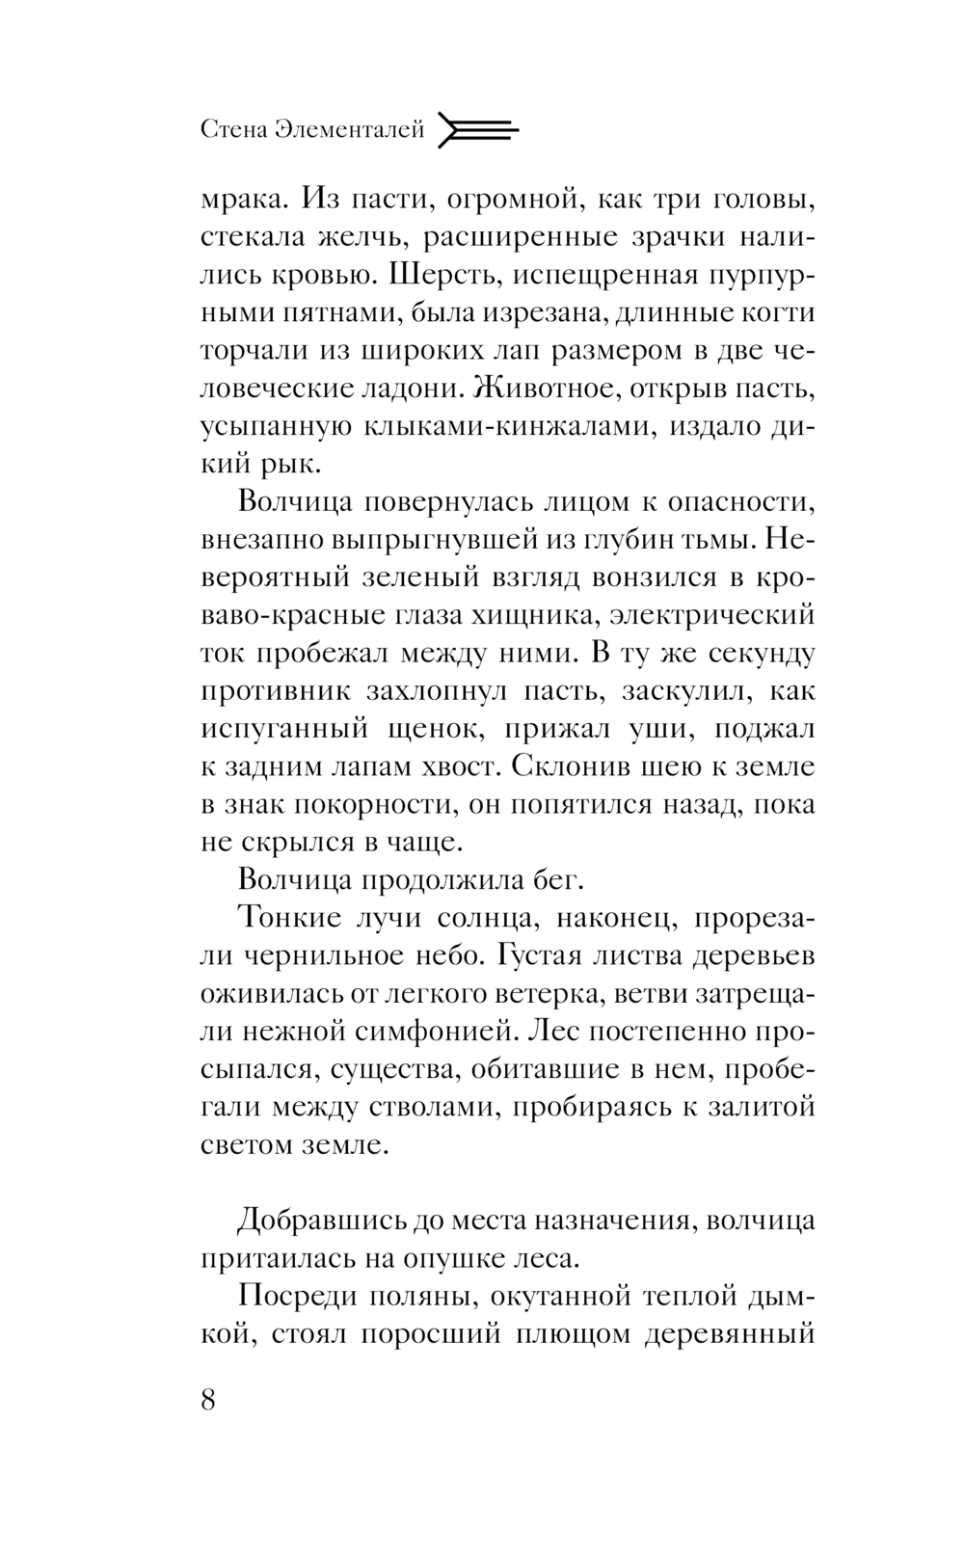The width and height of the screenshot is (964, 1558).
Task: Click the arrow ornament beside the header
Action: (477, 129)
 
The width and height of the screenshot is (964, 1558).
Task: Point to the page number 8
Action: (209, 1398)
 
